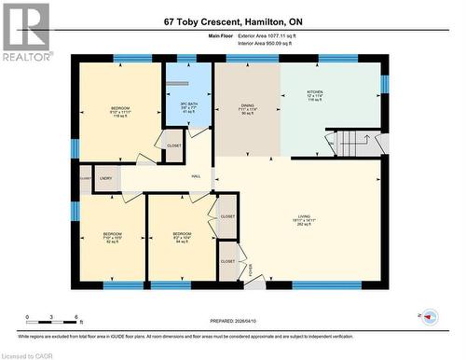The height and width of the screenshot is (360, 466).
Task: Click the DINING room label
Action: point(248,106)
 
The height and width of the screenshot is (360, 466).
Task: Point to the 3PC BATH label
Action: point(187,104)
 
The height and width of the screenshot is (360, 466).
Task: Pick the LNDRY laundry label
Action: point(105,177)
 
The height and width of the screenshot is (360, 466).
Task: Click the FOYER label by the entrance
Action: point(250,270)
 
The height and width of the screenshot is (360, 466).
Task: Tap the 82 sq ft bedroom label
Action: point(112,234)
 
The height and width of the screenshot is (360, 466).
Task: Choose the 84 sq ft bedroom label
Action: point(181,234)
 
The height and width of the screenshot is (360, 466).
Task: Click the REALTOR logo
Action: point(25,32)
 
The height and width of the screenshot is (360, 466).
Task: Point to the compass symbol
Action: point(429,316)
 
